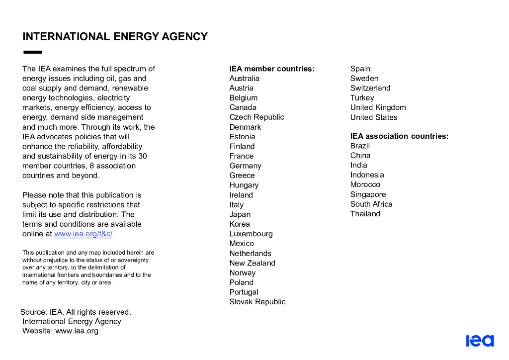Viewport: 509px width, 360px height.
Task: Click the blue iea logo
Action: click(480, 341)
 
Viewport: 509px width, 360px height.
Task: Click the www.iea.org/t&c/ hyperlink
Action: click(84, 234)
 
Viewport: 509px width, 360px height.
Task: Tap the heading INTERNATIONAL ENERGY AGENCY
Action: click(115, 37)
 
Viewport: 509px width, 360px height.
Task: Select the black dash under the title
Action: click(33, 52)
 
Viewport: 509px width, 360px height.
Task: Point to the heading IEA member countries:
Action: click(272, 69)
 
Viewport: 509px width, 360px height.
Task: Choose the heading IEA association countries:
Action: click(399, 136)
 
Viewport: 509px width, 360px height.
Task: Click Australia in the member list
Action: click(244, 79)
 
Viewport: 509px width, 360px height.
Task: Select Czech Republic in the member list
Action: click(256, 117)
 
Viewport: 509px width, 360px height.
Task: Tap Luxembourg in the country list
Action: click(251, 234)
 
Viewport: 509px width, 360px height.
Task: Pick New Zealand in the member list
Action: click(252, 263)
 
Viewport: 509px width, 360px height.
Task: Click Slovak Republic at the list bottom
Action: click(257, 302)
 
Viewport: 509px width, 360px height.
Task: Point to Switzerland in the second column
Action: click(370, 88)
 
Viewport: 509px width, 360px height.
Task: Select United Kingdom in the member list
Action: click(378, 107)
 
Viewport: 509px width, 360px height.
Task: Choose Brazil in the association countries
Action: click(360, 146)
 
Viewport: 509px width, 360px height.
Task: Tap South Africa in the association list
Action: click(371, 204)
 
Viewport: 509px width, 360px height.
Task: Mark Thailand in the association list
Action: click(365, 214)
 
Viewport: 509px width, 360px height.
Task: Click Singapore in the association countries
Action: click(368, 194)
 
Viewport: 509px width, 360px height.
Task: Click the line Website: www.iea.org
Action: click(60, 331)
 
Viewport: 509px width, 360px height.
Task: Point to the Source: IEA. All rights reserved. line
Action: click(76, 312)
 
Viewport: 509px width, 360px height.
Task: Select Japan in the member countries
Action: click(240, 214)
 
